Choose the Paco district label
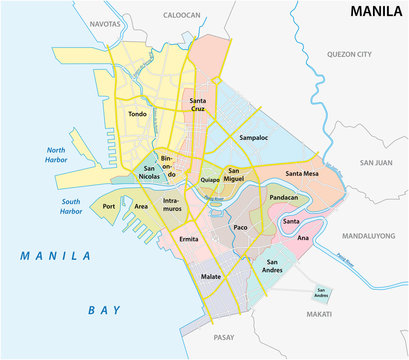pos(240,228)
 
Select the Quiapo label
pos(210,181)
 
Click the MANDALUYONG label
pos(371,237)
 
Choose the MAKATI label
pos(347,315)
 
